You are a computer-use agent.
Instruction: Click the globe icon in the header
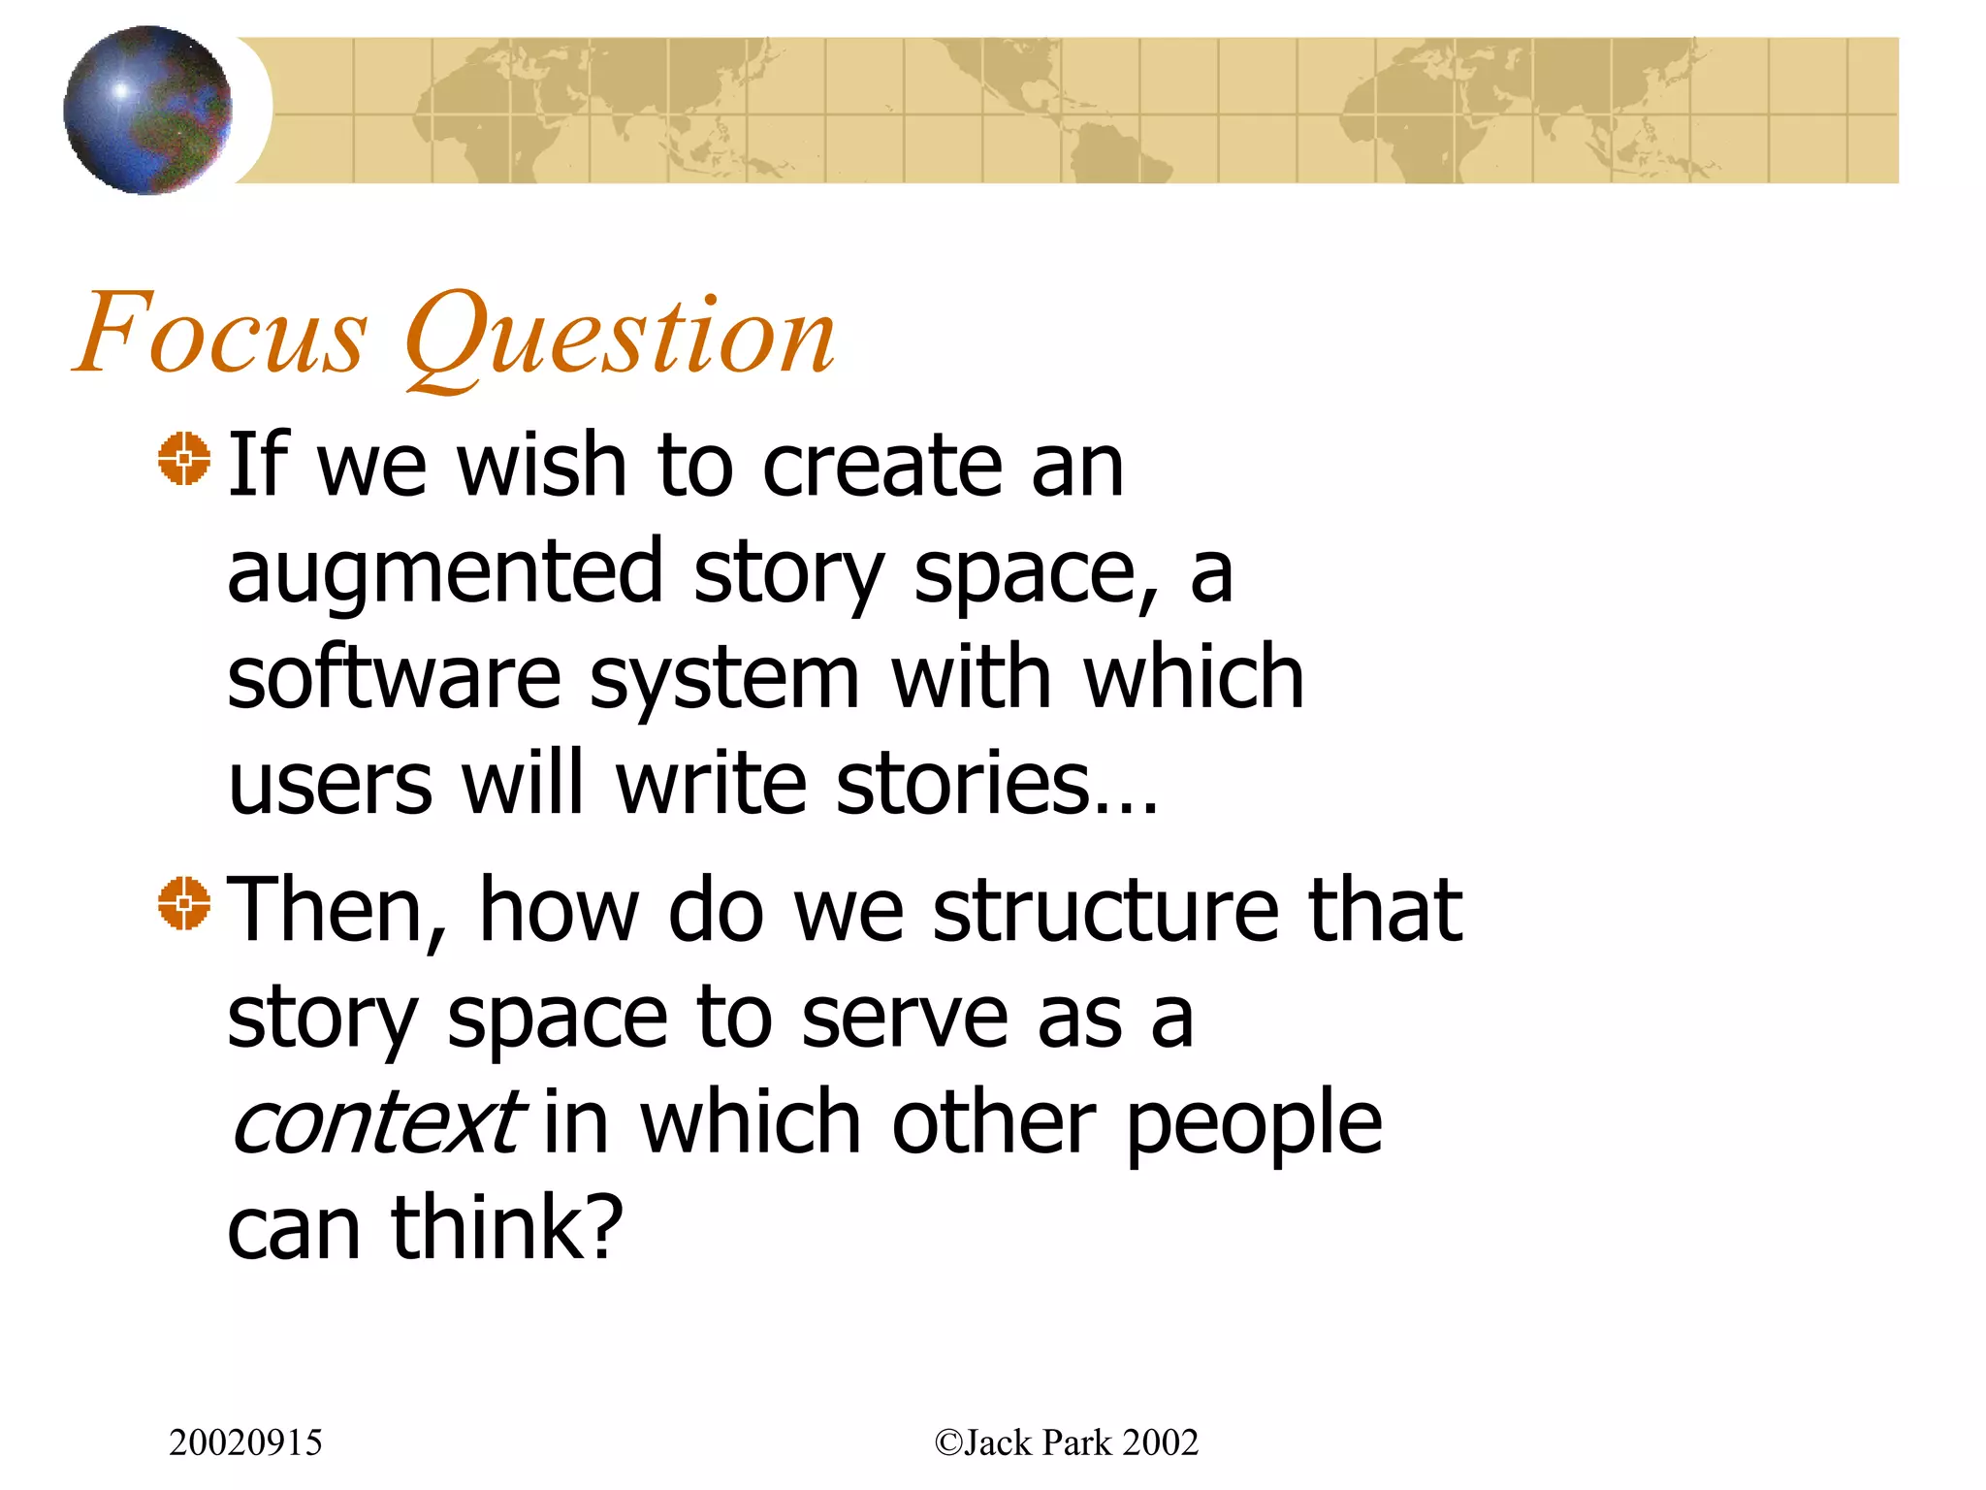(x=147, y=110)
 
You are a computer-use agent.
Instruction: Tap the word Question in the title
(x=621, y=335)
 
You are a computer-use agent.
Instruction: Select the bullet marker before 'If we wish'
(x=184, y=459)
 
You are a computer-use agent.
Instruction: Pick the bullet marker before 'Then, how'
(x=184, y=903)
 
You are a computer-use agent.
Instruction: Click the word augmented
(x=445, y=572)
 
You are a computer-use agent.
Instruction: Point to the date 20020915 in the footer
(x=245, y=1442)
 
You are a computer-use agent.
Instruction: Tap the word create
(x=881, y=466)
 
